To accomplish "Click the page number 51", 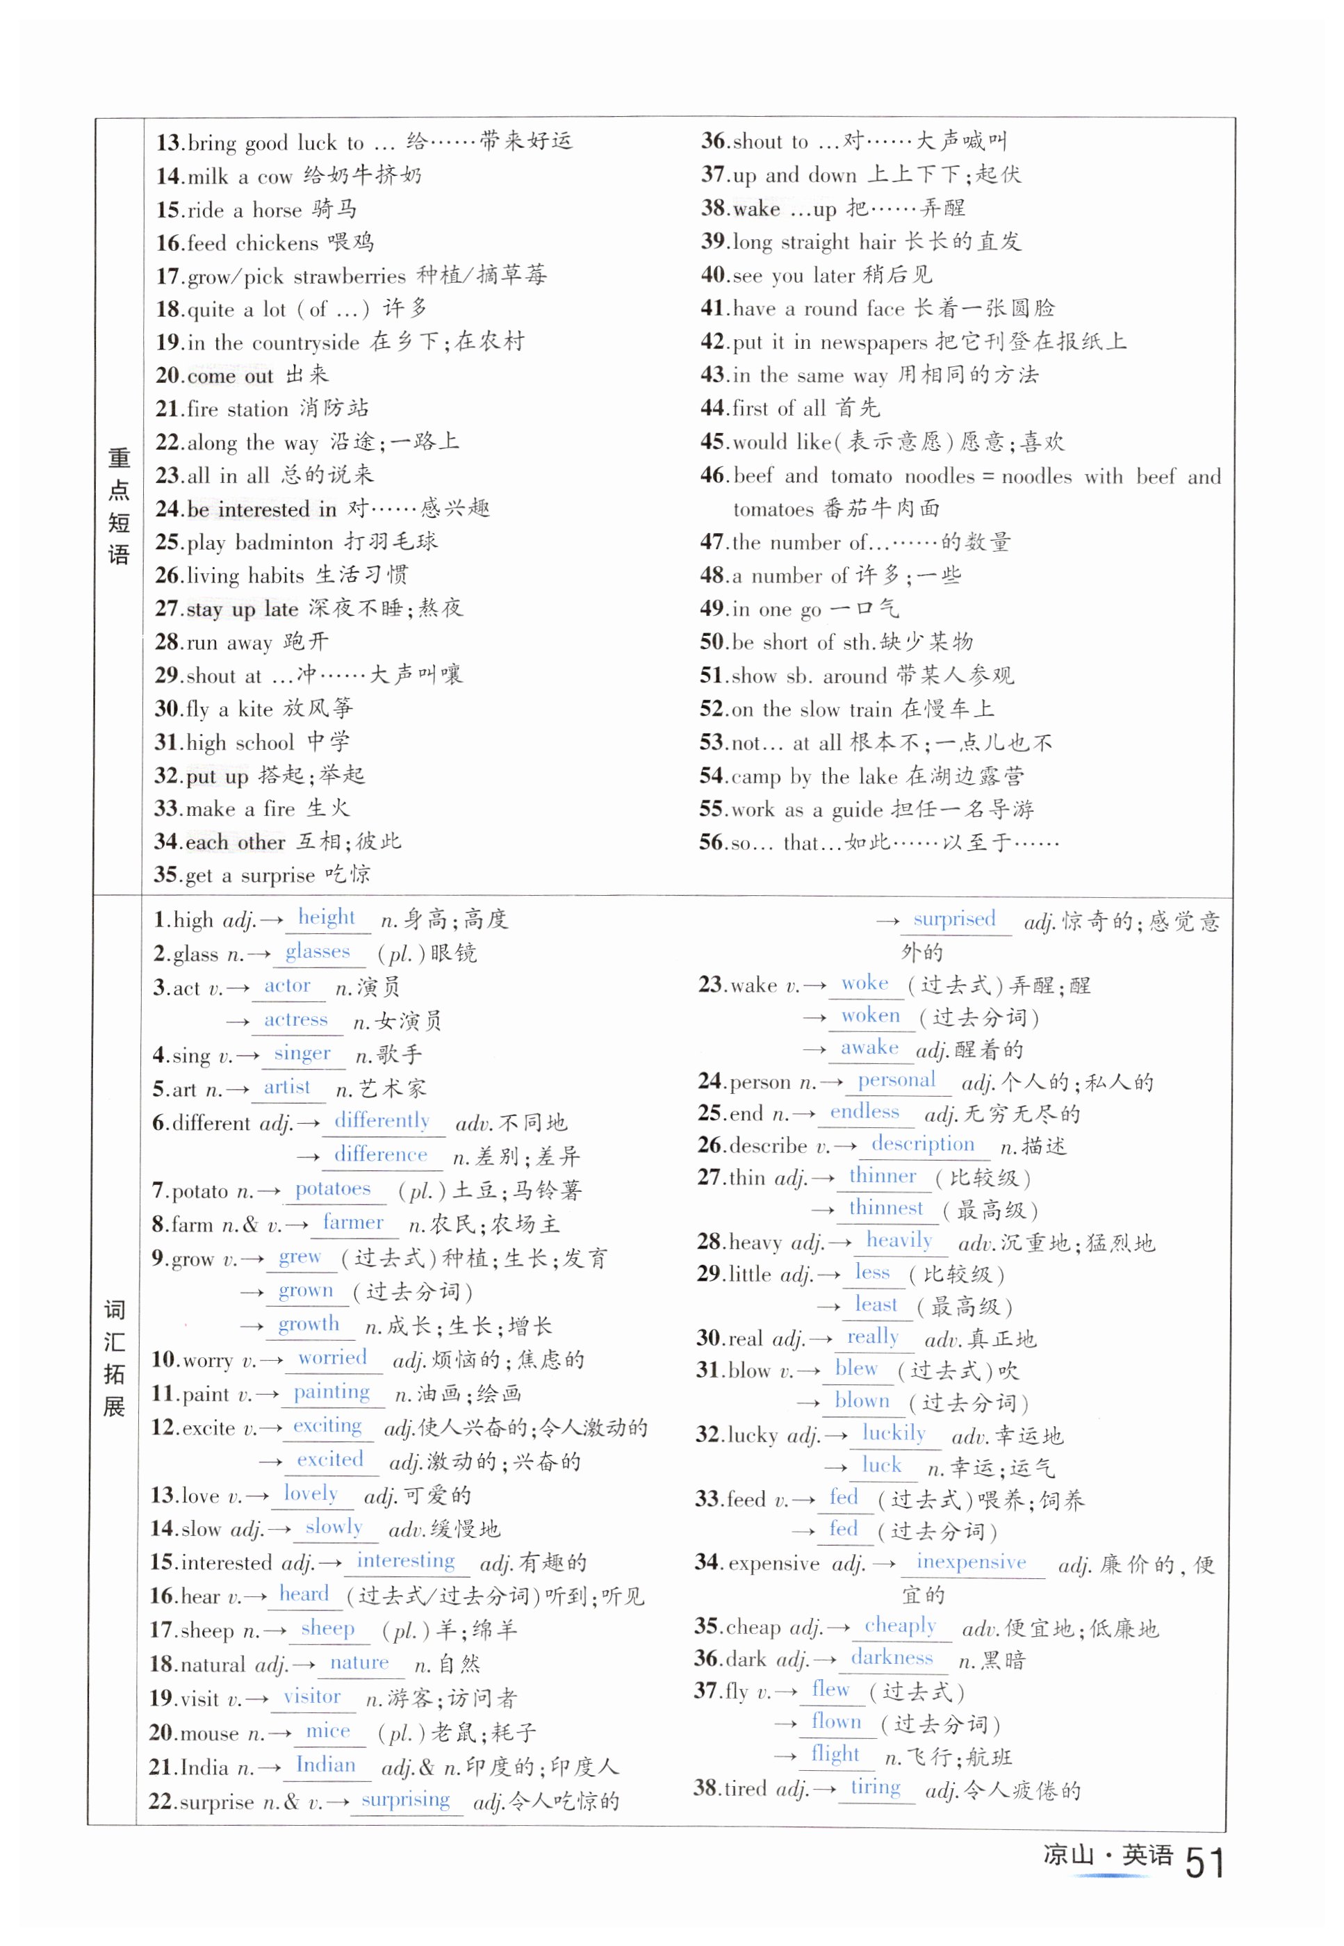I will click(x=1204, y=1863).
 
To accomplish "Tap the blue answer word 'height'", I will click(x=327, y=917).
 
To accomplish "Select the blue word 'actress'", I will click(x=295, y=1019).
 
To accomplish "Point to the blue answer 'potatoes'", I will click(x=333, y=1188).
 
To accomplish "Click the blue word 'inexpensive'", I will click(x=971, y=1562).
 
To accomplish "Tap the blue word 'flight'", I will click(x=835, y=1753).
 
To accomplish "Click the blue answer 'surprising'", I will click(x=405, y=1799).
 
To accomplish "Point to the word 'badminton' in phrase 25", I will click(x=284, y=542).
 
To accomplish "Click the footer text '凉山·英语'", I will click(x=1106, y=1854).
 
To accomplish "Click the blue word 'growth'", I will click(x=309, y=1324).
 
